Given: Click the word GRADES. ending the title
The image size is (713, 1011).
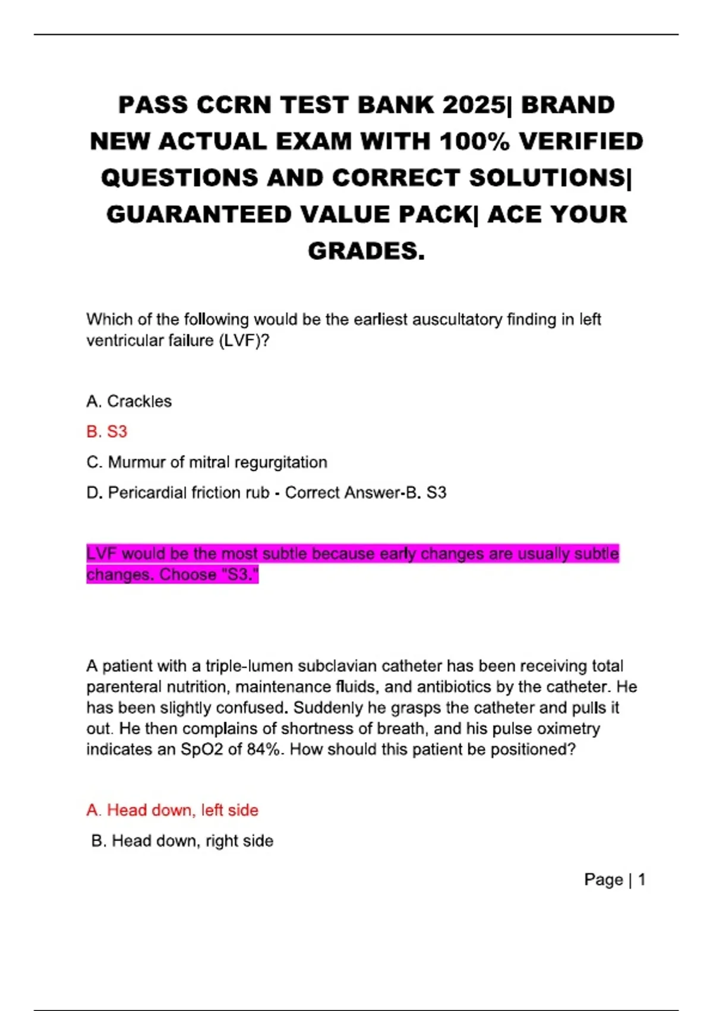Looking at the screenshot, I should click(366, 251).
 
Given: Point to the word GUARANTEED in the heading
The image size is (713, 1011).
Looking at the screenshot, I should click(198, 215).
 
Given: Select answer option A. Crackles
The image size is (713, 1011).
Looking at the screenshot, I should click(129, 401).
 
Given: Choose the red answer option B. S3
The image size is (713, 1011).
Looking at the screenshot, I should click(107, 432).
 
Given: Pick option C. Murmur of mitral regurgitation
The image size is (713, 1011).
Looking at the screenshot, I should click(207, 462).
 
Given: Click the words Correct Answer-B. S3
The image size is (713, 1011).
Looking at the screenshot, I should click(365, 492).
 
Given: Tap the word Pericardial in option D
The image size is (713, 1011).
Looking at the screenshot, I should click(148, 492).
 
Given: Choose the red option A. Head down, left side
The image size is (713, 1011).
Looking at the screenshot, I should click(172, 810).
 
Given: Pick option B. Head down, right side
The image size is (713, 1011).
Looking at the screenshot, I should click(182, 841).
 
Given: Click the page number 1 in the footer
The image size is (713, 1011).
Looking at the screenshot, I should click(642, 880).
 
